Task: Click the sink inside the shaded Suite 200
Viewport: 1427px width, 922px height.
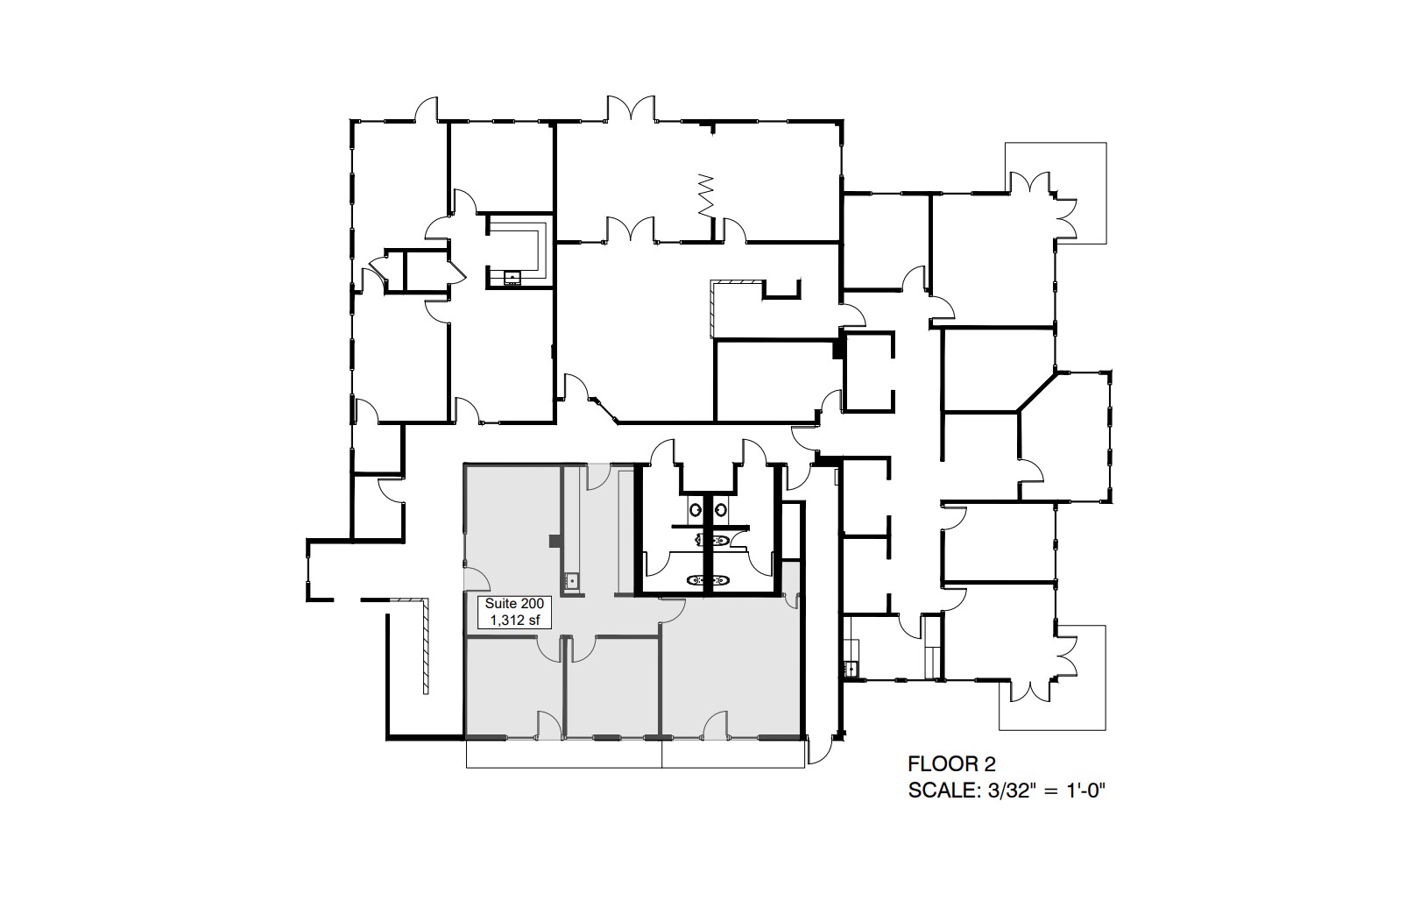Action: [x=571, y=579]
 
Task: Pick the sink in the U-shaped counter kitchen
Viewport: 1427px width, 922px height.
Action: [x=512, y=278]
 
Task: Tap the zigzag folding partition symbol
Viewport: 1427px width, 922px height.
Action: [x=706, y=195]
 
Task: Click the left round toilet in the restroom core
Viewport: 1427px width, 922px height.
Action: [x=695, y=507]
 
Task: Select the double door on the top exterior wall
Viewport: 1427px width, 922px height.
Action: [x=630, y=110]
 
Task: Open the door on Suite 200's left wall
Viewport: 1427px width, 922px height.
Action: [x=476, y=578]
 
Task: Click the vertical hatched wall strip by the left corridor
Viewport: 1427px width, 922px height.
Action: [x=424, y=647]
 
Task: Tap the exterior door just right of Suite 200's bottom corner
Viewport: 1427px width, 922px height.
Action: [x=821, y=750]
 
